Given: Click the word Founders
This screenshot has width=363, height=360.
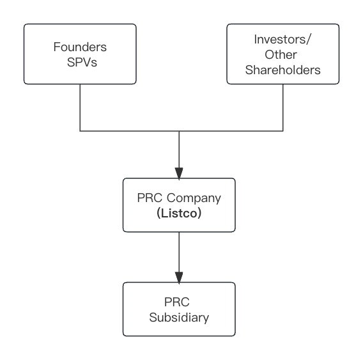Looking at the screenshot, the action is tap(80, 47).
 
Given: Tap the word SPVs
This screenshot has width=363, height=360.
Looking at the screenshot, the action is tap(82, 62).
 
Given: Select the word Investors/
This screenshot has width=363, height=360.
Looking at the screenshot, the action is tap(282, 40).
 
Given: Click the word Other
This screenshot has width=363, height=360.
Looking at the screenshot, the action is tap(281, 55).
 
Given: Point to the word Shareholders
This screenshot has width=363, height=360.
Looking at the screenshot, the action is tap(283, 70).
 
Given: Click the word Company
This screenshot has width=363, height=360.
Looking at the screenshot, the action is tap(194, 198).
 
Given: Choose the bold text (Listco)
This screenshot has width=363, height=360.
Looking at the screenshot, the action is tap(179, 214).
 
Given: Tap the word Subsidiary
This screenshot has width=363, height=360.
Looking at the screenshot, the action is tap(179, 317).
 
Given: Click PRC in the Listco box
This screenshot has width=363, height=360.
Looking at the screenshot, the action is tap(150, 198).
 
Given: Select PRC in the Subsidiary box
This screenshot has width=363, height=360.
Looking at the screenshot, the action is tap(177, 302).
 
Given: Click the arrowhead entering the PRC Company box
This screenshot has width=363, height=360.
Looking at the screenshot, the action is tap(179, 173).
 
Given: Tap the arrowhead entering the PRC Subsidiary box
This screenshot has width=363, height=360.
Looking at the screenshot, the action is tap(179, 278).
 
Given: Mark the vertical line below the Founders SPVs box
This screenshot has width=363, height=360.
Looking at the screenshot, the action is tap(80, 107).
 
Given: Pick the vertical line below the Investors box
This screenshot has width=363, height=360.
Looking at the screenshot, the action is tap(283, 107).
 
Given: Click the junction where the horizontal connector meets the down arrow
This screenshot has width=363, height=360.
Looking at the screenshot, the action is tap(179, 131).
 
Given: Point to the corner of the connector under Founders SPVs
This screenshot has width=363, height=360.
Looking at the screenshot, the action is tap(80, 131).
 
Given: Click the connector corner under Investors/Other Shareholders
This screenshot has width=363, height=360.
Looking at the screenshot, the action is tap(283, 131).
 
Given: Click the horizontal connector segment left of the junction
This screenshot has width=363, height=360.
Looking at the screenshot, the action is tap(129, 131).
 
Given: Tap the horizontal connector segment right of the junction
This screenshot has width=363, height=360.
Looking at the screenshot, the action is tap(231, 131).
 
